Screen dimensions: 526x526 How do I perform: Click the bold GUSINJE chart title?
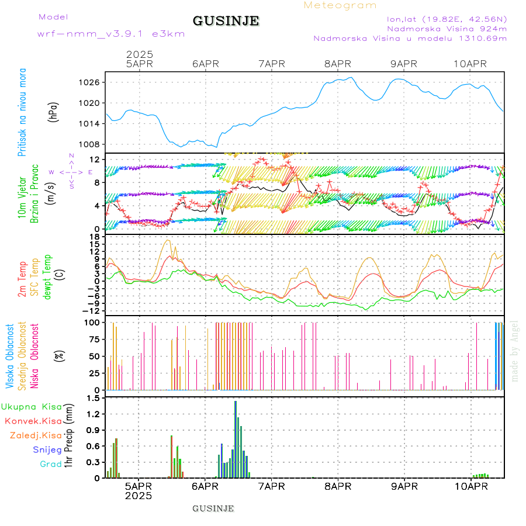point(226,21)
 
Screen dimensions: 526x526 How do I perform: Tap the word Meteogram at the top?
point(340,5)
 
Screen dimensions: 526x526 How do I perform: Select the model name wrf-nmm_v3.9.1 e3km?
point(111,34)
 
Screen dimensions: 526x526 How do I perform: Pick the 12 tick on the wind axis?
point(94,160)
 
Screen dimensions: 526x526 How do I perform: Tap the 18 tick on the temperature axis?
point(94,236)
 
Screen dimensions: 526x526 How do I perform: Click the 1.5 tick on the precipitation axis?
point(92,398)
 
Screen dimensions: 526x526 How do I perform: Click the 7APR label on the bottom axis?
point(271,486)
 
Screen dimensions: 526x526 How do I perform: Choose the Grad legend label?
point(51,464)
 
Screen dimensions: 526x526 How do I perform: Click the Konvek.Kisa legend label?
point(33,421)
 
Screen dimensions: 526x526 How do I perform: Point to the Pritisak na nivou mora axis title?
point(23,112)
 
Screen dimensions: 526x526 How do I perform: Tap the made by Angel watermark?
point(515,351)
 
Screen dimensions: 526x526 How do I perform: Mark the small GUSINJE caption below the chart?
point(213,508)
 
